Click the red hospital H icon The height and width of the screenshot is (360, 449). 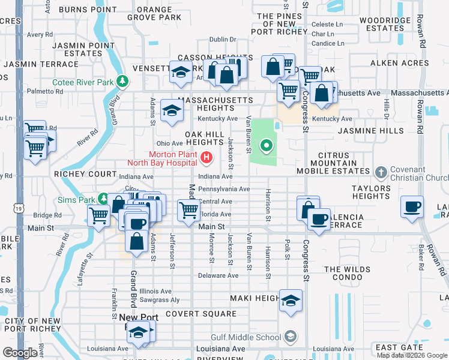click(207, 158)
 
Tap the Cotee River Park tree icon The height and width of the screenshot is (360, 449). click(123, 81)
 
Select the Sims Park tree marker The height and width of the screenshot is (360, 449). click(104, 197)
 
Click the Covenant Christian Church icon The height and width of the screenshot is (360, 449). click(380, 173)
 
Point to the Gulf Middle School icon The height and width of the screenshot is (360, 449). click(291, 337)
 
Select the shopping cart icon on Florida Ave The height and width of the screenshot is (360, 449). click(188, 210)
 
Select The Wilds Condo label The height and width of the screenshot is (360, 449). click(347, 274)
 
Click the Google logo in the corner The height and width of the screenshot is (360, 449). click(20, 352)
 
